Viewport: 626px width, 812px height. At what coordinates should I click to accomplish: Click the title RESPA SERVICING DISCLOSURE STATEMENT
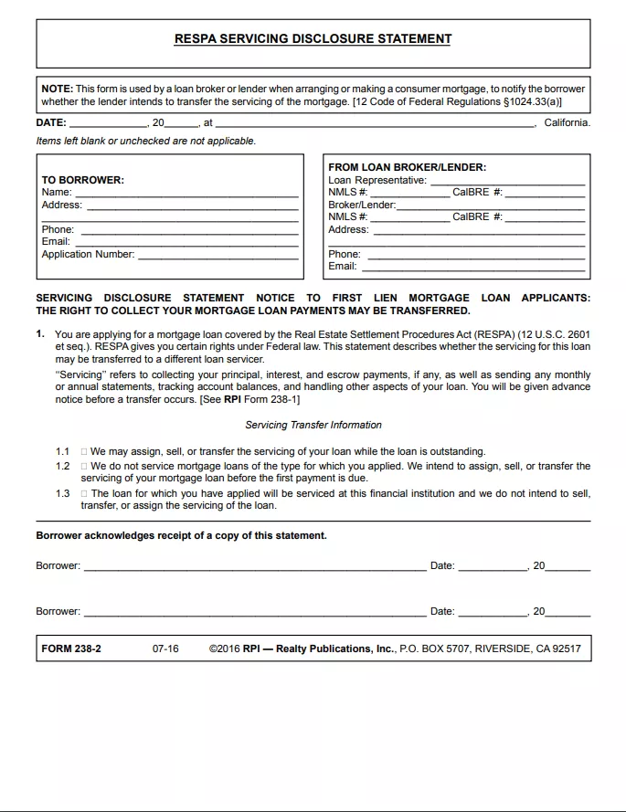click(x=313, y=39)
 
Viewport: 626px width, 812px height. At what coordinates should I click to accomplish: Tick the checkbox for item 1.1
click(x=84, y=451)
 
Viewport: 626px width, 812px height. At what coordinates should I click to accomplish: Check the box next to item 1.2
click(x=84, y=466)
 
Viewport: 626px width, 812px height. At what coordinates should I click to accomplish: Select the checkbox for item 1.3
click(x=84, y=493)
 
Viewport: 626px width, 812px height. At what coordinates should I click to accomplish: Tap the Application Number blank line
click(x=218, y=255)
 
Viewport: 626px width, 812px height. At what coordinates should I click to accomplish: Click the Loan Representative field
click(x=506, y=181)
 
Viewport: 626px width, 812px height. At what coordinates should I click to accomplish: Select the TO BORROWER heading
click(x=83, y=180)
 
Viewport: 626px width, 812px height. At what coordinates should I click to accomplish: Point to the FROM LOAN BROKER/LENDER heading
click(x=407, y=167)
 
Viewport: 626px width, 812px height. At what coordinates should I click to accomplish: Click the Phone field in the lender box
click(x=475, y=255)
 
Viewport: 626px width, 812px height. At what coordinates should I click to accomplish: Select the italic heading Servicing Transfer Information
click(x=313, y=425)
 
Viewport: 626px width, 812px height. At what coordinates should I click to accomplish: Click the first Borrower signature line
click(x=254, y=566)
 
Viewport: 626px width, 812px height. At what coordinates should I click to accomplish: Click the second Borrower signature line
click(x=254, y=612)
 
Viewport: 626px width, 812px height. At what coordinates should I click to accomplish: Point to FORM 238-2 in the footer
click(x=71, y=649)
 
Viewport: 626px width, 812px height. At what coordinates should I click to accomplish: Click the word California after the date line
click(x=567, y=122)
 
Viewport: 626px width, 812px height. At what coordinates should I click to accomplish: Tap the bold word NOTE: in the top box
click(x=57, y=89)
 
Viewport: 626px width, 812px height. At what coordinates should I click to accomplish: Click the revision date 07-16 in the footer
click(x=165, y=649)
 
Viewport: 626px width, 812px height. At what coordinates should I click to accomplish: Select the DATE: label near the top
click(x=51, y=122)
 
